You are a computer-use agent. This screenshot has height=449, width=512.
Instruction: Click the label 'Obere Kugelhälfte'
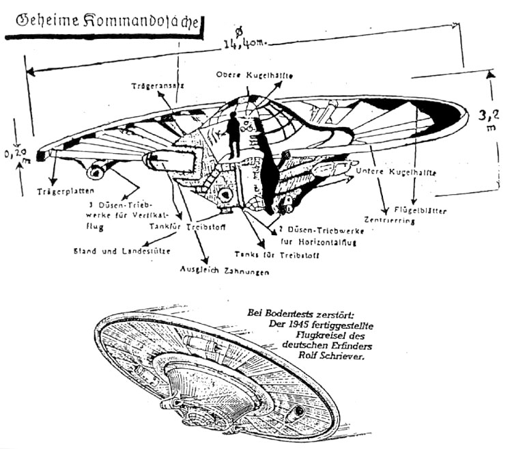(247, 74)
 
